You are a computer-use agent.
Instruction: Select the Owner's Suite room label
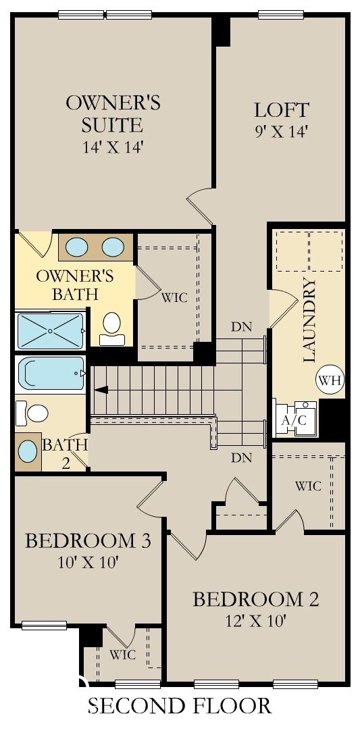coord(113,113)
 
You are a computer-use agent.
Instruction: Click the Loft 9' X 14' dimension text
coord(281,131)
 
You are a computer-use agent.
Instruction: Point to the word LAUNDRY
coord(311,320)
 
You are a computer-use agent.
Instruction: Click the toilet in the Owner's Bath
coord(111,325)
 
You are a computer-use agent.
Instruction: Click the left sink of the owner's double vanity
coord(76,247)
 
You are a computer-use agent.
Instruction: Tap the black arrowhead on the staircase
coord(101,389)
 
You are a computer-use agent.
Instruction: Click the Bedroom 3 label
coord(87,541)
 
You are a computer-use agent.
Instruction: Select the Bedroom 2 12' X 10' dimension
coord(255,622)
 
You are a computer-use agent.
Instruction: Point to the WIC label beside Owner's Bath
coord(174,297)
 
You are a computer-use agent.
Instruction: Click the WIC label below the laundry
coord(307,486)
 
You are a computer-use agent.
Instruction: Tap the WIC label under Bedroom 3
coord(123,655)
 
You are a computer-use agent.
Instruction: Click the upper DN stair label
coord(241,326)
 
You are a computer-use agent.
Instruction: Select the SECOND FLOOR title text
coord(180,707)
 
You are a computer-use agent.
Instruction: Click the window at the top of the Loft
coord(281,14)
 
